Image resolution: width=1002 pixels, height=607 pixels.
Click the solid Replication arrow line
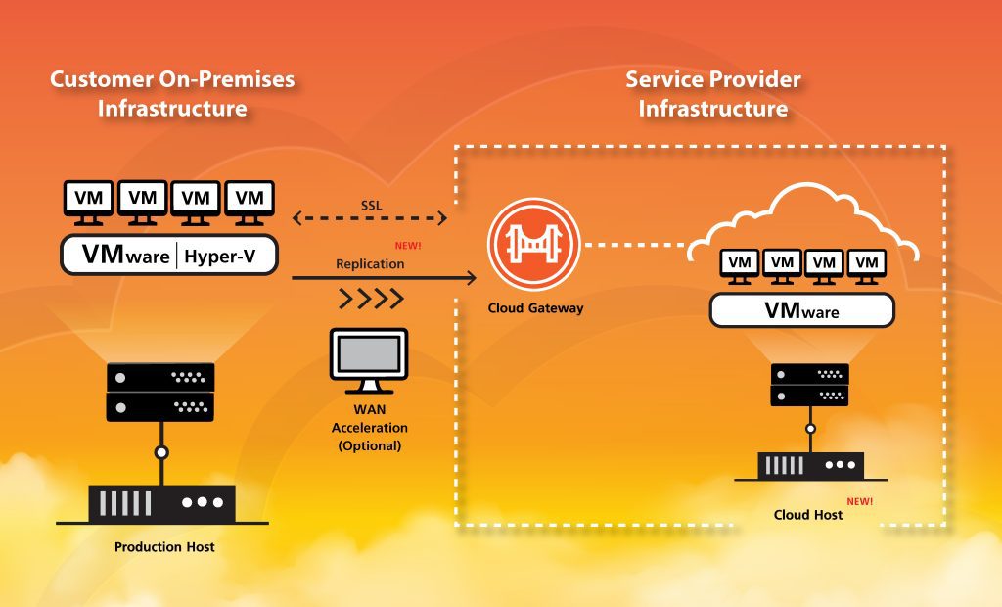point(382,278)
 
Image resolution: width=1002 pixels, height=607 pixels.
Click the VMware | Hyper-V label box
point(169,255)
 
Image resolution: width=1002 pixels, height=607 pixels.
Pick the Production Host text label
point(164,546)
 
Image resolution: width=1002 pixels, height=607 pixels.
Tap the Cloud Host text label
point(807,514)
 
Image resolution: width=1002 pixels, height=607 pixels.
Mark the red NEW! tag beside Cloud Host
point(859,501)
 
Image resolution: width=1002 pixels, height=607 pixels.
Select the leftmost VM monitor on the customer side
point(90,200)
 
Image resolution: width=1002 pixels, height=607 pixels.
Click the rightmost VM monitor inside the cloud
point(866,264)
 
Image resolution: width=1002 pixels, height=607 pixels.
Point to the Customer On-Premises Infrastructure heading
point(172,94)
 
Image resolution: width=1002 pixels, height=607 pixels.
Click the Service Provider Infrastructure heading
point(713,94)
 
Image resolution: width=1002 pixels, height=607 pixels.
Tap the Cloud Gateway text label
point(535,308)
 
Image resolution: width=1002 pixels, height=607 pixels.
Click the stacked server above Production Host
point(159,391)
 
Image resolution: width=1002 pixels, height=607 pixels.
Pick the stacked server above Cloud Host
point(808,385)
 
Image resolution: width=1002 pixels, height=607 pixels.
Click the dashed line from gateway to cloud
point(636,244)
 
